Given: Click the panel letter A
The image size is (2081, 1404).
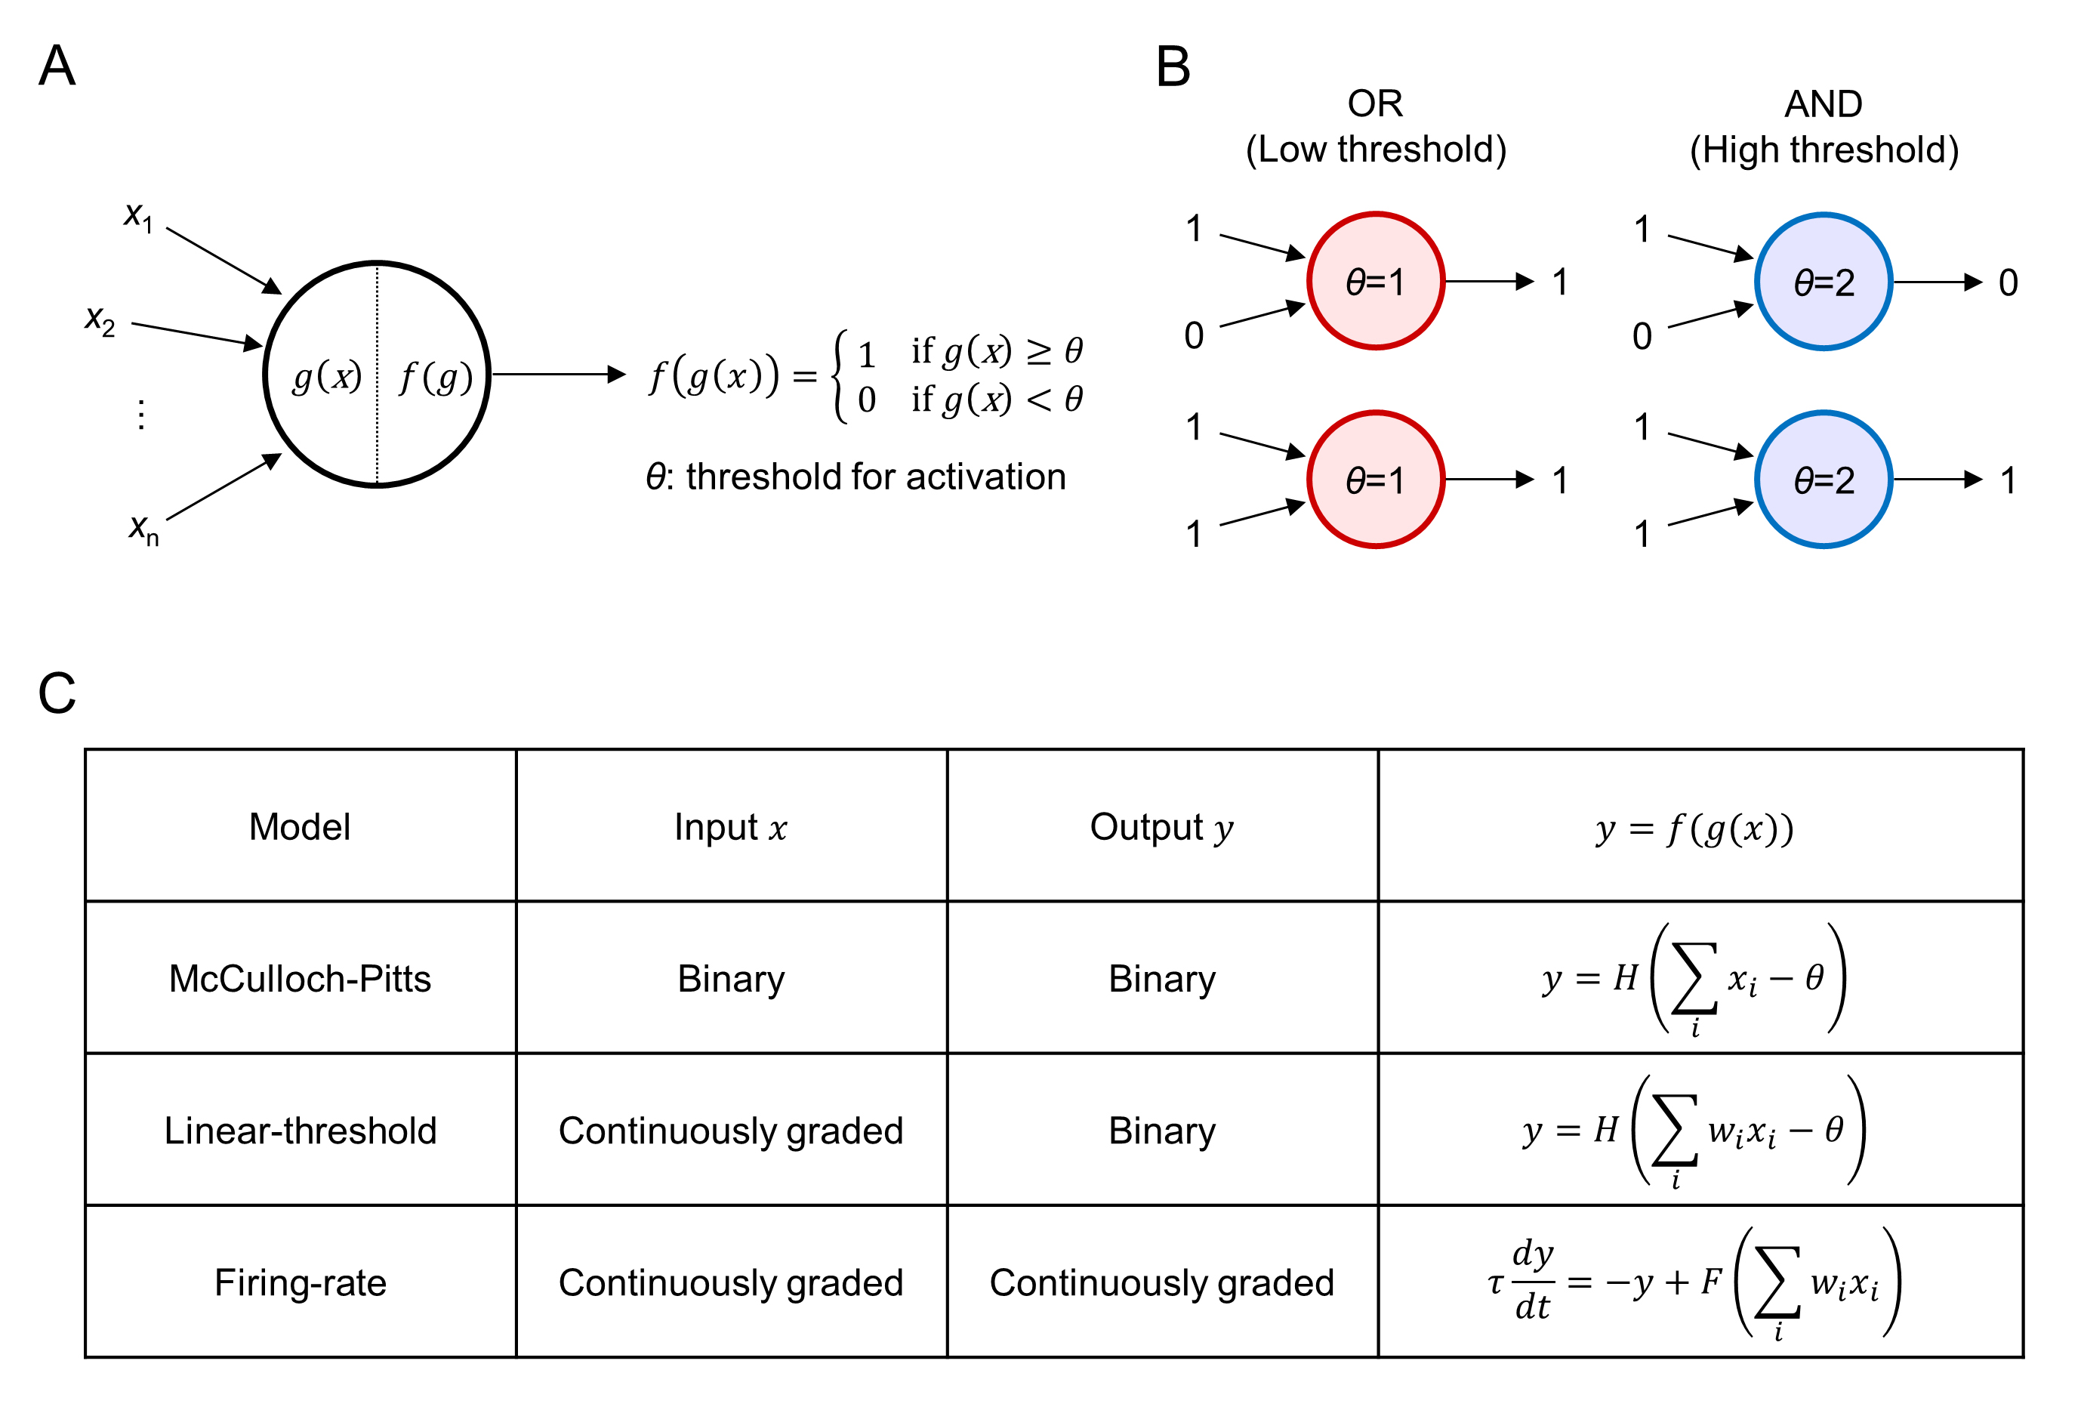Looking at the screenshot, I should point(57,66).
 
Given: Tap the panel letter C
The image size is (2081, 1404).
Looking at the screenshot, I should point(57,693).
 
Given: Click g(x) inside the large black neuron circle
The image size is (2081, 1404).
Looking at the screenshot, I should point(327,376).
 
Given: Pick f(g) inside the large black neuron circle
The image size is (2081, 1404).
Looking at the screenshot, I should point(435,376).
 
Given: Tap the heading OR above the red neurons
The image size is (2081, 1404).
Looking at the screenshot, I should point(1375,104).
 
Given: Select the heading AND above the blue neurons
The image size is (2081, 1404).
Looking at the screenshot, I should point(1824,104).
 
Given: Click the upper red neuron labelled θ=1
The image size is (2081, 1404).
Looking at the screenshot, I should point(1375,281).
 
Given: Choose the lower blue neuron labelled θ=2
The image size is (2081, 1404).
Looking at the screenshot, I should point(1824,480).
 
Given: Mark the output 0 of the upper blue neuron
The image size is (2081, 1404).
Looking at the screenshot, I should point(2008,283).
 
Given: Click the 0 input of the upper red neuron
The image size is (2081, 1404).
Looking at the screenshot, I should point(1193,336).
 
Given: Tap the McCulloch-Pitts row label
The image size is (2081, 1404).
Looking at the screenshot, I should point(300,979).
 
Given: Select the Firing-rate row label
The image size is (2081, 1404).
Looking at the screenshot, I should point(300,1283).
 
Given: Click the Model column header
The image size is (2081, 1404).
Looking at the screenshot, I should point(300,826).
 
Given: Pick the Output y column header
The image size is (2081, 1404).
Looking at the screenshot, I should point(1161,826).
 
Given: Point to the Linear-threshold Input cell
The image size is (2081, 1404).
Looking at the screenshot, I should point(730,1131).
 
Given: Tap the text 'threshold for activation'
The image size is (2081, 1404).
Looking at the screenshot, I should point(875,477).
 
